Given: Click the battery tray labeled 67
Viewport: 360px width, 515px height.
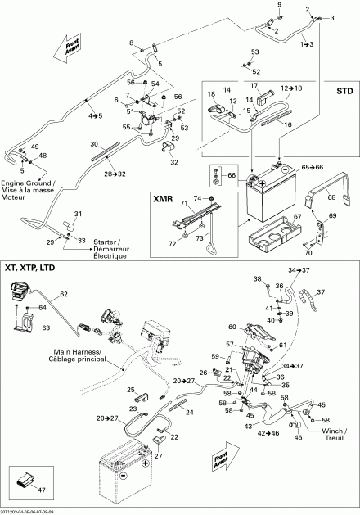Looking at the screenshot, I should coord(273,226).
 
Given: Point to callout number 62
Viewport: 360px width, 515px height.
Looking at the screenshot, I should coord(62,293).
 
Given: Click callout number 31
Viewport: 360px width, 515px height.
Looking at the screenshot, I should coord(79,214).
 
